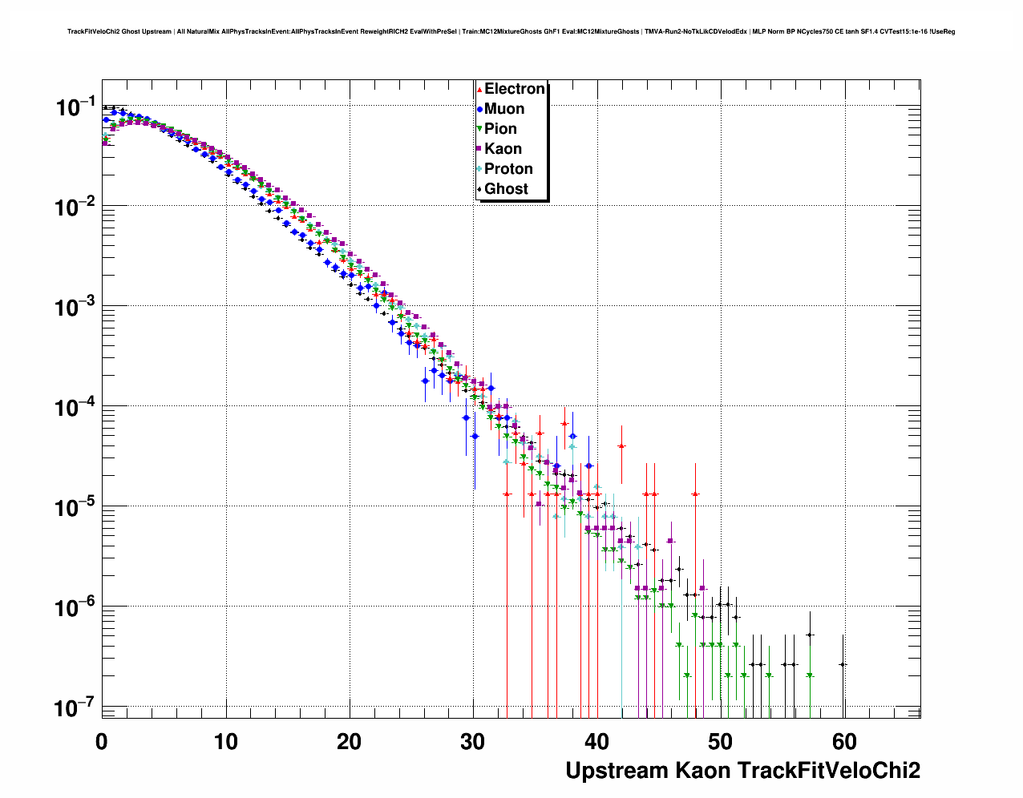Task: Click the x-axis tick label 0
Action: pyautogui.click(x=102, y=741)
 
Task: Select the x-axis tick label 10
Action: pyautogui.click(x=226, y=741)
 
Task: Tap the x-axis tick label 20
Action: pyautogui.click(x=350, y=741)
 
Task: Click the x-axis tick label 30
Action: pyautogui.click(x=473, y=741)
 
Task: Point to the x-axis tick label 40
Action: pyautogui.click(x=597, y=741)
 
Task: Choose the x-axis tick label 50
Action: pyautogui.click(x=721, y=741)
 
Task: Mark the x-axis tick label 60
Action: pyautogui.click(x=844, y=741)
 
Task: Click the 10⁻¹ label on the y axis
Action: pyautogui.click(x=75, y=107)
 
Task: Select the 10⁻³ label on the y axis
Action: pyautogui.click(x=75, y=308)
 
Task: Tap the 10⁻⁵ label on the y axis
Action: pyautogui.click(x=75, y=508)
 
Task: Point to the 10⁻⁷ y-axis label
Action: pyautogui.click(x=75, y=708)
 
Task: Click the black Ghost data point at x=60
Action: pyautogui.click(x=843, y=664)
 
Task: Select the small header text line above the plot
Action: pyautogui.click(x=511, y=31)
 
